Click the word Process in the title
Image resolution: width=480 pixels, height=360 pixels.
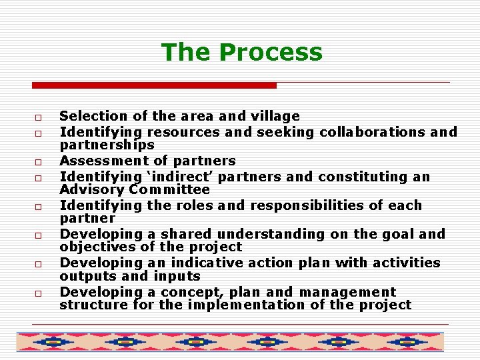pyautogui.click(x=271, y=52)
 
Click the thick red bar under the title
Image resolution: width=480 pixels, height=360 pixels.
pyautogui.click(x=154, y=85)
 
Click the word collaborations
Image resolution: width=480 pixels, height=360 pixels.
pyautogui.click(x=373, y=132)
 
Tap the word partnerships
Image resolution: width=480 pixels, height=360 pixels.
pyautogui.click(x=107, y=145)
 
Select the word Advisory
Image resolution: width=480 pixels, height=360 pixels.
pyautogui.click(x=89, y=189)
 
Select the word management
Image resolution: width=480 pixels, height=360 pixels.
pyautogui.click(x=347, y=292)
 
